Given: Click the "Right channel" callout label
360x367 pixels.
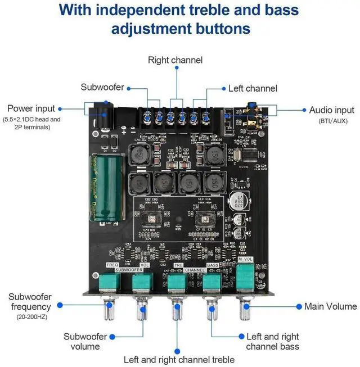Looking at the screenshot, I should [175, 60].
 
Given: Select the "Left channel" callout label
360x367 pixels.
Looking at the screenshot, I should [253, 88].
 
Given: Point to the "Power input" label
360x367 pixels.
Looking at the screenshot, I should [31, 108].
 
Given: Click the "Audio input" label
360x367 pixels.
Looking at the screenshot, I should [332, 110].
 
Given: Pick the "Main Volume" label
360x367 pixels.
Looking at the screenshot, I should [330, 306].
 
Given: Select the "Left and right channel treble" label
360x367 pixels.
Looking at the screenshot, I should [179, 359].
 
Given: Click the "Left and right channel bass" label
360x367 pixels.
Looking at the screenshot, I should [273, 342].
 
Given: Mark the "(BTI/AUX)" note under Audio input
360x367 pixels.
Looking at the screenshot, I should [332, 121].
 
